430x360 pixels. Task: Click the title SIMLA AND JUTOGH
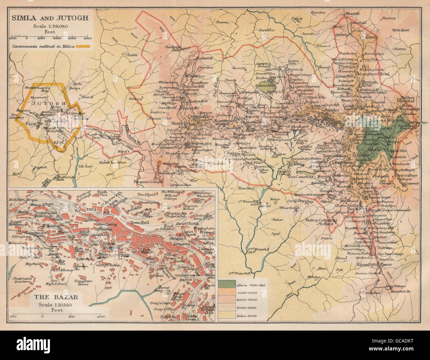point(50,18)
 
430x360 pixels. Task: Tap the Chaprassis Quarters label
point(23,280)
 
